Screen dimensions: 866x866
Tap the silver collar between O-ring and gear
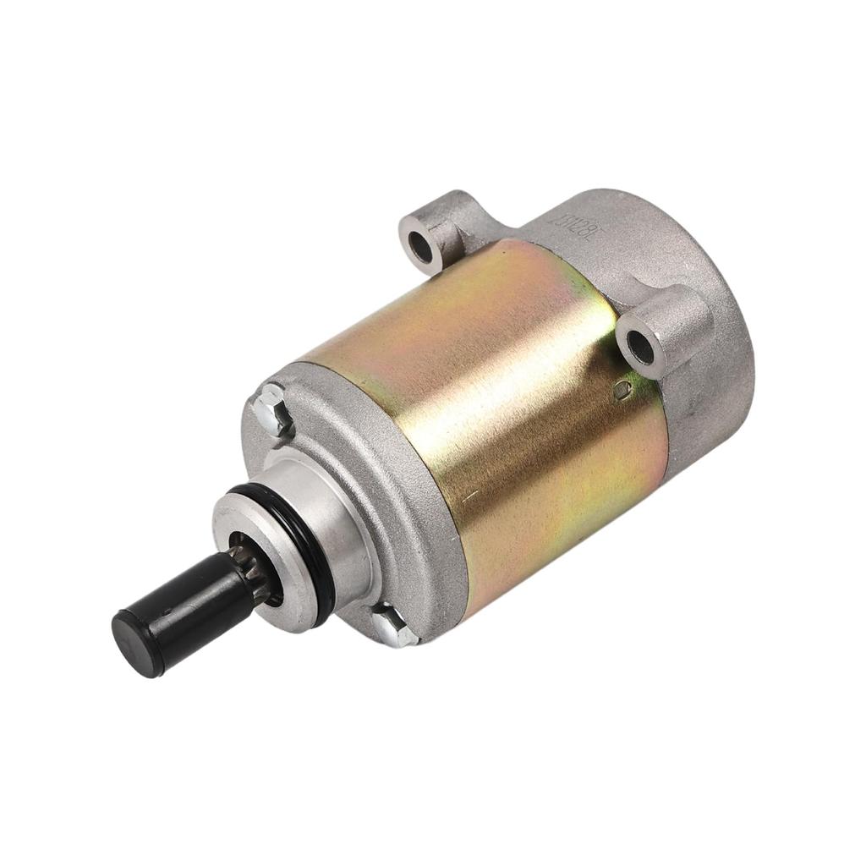click(245, 529)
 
